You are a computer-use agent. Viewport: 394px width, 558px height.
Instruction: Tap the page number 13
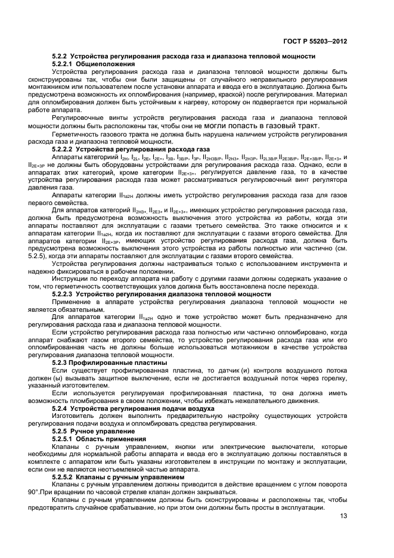coord(344,516)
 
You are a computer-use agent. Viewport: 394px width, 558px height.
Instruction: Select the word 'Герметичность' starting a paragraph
coord(75,134)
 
